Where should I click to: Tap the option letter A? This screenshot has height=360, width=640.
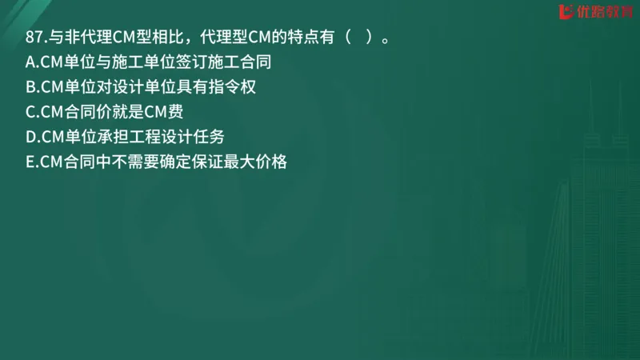(30, 62)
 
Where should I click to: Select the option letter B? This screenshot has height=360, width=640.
(30, 87)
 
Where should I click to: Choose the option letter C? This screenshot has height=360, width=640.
(30, 112)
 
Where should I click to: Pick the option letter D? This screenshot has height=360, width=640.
(30, 137)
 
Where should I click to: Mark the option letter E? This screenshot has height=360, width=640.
(30, 162)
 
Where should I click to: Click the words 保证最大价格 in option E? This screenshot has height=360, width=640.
(239, 162)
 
